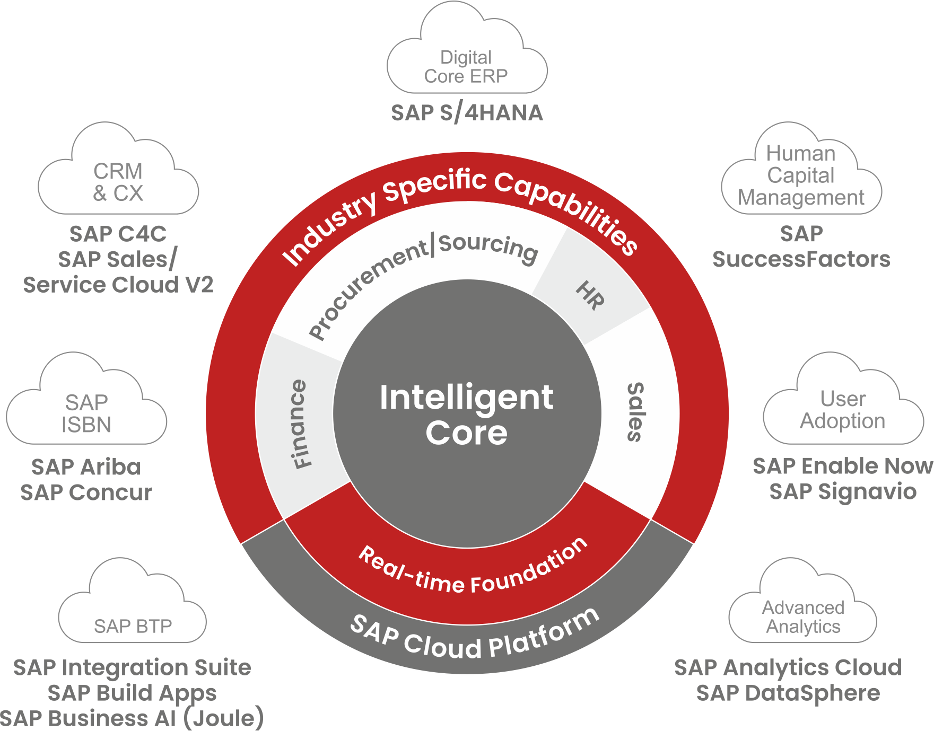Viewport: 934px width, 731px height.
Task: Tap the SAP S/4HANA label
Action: [x=467, y=113]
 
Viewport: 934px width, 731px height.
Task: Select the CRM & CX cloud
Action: [x=118, y=182]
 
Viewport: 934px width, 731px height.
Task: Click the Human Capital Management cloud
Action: [x=801, y=175]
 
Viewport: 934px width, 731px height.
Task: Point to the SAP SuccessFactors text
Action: [x=801, y=246]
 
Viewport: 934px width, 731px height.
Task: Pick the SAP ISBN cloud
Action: [x=86, y=413]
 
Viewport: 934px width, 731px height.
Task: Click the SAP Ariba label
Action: [x=86, y=467]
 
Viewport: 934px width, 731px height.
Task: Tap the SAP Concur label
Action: [x=86, y=492]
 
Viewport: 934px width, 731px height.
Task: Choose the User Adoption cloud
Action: [x=843, y=410]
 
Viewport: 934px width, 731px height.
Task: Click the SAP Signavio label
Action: [x=843, y=491]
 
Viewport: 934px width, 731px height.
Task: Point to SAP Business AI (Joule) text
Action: [x=132, y=718]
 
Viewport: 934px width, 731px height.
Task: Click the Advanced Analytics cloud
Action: [x=803, y=616]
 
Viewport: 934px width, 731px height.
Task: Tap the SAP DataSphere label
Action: [x=788, y=693]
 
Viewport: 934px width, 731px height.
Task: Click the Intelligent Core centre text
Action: [x=467, y=415]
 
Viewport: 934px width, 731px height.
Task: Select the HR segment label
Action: [x=590, y=295]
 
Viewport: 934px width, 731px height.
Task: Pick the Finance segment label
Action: [x=301, y=424]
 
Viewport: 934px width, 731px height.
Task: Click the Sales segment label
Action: [x=635, y=412]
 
